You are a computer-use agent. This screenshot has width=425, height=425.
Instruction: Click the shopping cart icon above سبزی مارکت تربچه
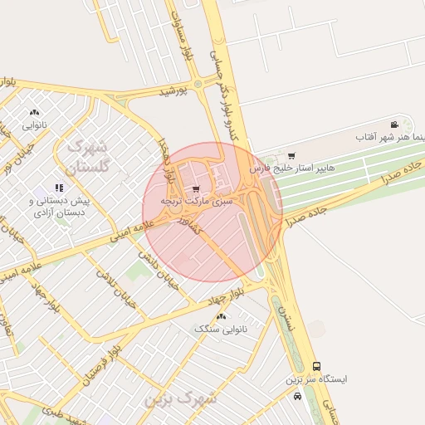point(196,189)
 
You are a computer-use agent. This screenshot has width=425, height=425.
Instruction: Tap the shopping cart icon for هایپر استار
point(291,155)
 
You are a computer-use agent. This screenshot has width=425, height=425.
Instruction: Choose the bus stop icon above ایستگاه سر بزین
point(316,366)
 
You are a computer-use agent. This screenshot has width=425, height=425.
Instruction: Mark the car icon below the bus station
point(298,396)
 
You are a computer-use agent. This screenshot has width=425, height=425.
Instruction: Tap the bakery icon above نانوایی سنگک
point(221,317)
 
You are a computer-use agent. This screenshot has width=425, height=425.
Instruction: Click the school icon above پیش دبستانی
point(59,188)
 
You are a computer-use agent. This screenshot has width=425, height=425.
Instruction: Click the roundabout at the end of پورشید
point(198,83)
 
